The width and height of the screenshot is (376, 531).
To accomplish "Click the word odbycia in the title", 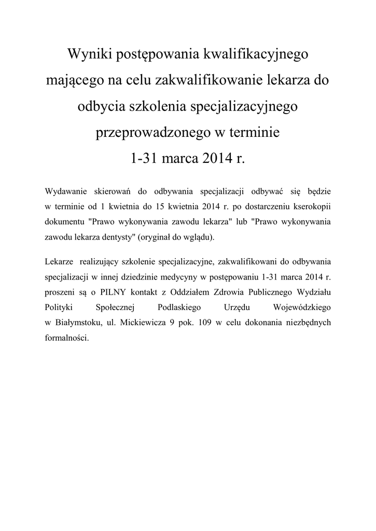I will (100, 106).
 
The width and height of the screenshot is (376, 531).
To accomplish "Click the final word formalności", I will (67, 337).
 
